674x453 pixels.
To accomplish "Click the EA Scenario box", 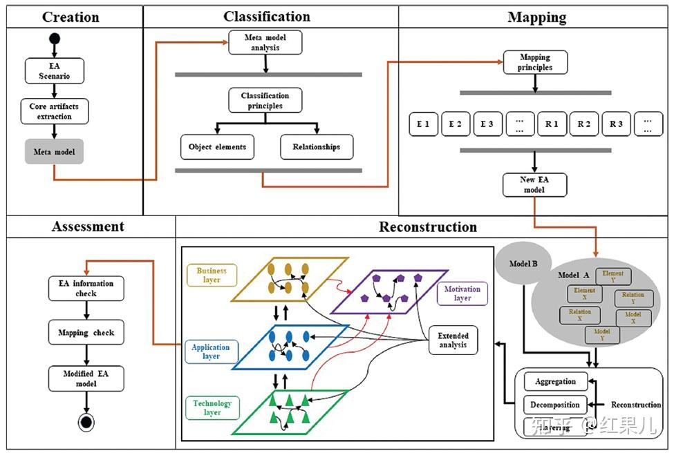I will pyautogui.click(x=55, y=71).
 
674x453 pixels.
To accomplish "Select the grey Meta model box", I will pyautogui.click(x=55, y=151).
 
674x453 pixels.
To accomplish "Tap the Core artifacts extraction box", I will pyautogui.click(x=55, y=111).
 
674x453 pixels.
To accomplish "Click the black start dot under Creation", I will pyautogui.click(x=55, y=37).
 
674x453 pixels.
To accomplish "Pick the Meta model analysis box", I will pyautogui.click(x=265, y=42).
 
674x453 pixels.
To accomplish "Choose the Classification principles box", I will pyautogui.click(x=265, y=101).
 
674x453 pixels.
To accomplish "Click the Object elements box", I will pyautogui.click(x=217, y=146).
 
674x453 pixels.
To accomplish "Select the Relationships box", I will pyautogui.click(x=316, y=146).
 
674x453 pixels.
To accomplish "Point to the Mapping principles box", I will pyautogui.click(x=535, y=63).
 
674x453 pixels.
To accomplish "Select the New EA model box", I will pyautogui.click(x=535, y=184).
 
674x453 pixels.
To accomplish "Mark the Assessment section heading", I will pyautogui.click(x=88, y=226).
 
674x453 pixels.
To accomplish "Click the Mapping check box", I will pyautogui.click(x=86, y=332).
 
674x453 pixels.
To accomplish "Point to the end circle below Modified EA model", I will pyautogui.click(x=86, y=422).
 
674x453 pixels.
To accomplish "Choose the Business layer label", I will pyautogui.click(x=212, y=276).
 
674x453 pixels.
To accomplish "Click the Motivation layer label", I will pyautogui.click(x=462, y=293).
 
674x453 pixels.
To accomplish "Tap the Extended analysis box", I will pyautogui.click(x=453, y=340).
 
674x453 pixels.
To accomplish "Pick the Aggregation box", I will pyautogui.click(x=555, y=381).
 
